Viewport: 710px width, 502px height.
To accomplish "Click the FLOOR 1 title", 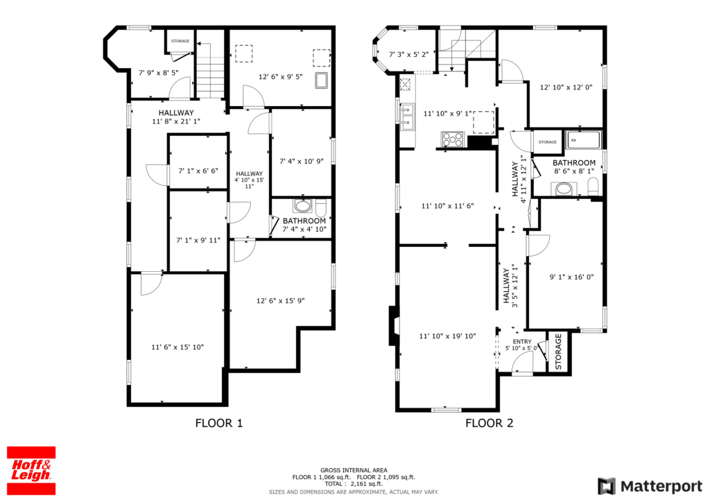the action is pyautogui.click(x=218, y=423).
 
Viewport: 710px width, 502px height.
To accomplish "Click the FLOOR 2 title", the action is pyautogui.click(x=489, y=423).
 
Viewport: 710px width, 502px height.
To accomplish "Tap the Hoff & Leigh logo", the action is pyautogui.click(x=31, y=471).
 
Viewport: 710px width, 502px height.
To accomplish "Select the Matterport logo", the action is pyautogui.click(x=650, y=486).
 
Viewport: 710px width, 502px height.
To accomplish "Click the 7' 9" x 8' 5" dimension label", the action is pyautogui.click(x=158, y=72).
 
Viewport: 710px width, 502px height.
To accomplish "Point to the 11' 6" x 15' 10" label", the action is pyautogui.click(x=177, y=347).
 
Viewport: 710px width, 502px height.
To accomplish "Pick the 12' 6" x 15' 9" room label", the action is pyautogui.click(x=280, y=300).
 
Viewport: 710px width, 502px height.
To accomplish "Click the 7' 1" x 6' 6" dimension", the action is pyautogui.click(x=198, y=171).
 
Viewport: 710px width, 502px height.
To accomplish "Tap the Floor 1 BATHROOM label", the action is pyautogui.click(x=304, y=221).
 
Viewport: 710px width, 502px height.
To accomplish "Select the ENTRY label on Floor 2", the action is pyautogui.click(x=522, y=342).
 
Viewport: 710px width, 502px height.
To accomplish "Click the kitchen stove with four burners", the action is pyautogui.click(x=453, y=139).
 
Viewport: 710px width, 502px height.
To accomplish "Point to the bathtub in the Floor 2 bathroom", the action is pyautogui.click(x=584, y=140).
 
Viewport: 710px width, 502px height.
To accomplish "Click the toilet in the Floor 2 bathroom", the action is pyautogui.click(x=594, y=186).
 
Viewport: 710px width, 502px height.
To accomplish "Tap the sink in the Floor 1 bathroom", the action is pyautogui.click(x=302, y=206).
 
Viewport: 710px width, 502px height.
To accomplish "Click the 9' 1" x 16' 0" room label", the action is pyautogui.click(x=571, y=277).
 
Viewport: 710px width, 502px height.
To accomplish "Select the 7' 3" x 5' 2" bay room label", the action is pyautogui.click(x=409, y=55).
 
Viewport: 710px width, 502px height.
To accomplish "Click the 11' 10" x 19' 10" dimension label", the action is pyautogui.click(x=447, y=336).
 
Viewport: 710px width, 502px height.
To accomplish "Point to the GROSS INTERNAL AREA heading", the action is pyautogui.click(x=354, y=470).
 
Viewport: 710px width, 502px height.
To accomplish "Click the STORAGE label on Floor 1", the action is pyautogui.click(x=180, y=41).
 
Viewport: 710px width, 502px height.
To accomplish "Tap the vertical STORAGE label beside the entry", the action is pyautogui.click(x=558, y=352).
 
